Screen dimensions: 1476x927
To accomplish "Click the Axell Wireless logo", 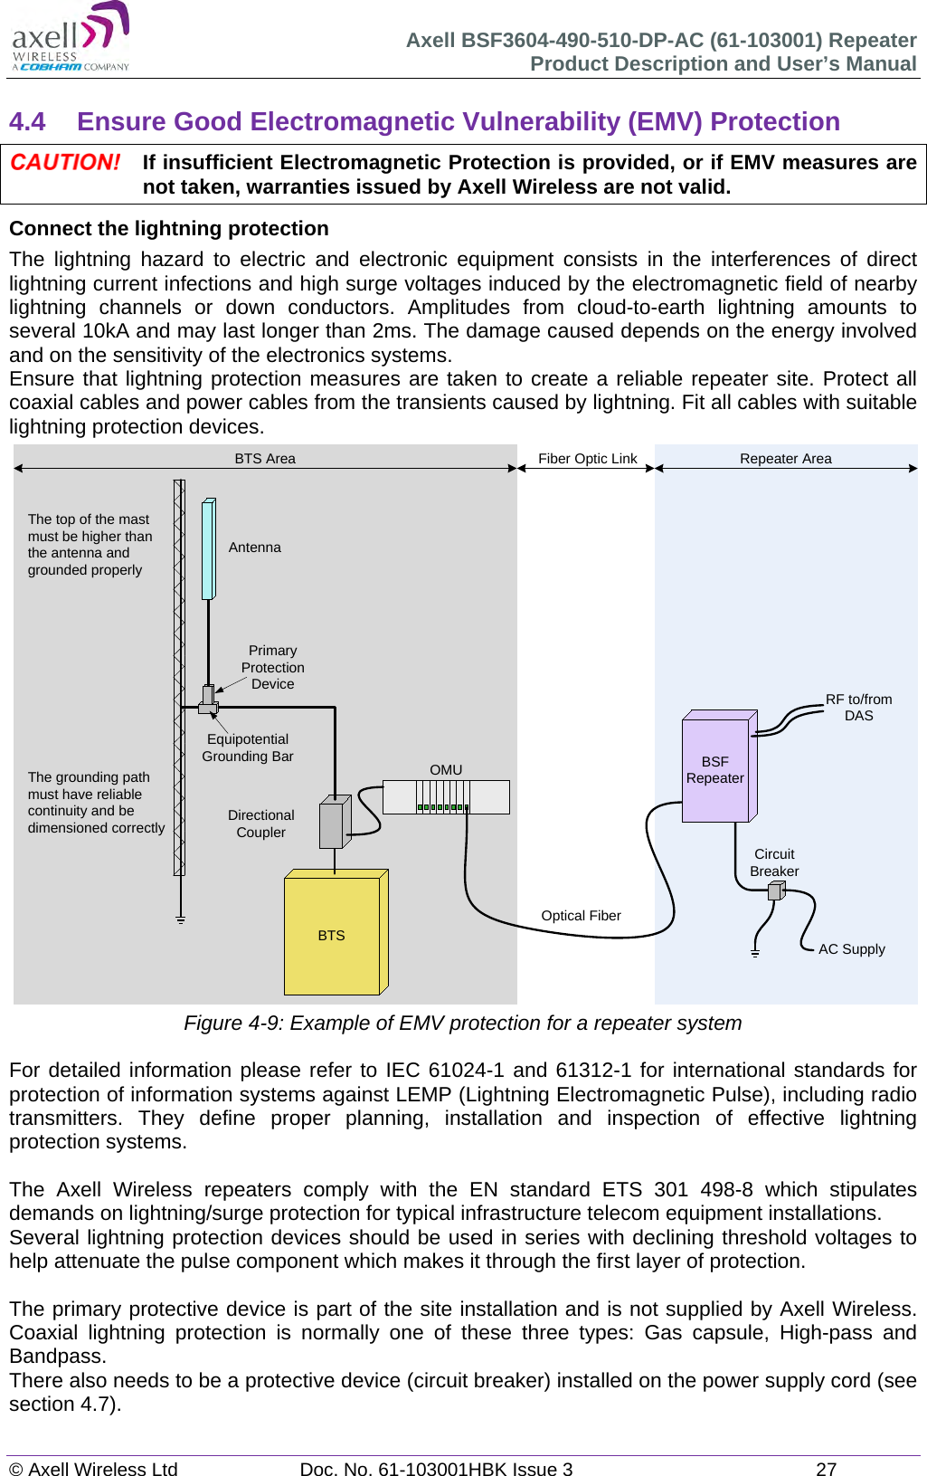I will point(71,38).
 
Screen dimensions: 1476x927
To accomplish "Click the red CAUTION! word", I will point(65,163).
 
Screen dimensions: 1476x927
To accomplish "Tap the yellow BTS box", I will point(332,935).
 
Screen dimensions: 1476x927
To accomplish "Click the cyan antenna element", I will point(208,549).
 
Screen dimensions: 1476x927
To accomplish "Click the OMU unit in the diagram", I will point(445,797).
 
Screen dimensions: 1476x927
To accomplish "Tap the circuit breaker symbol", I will point(775,891).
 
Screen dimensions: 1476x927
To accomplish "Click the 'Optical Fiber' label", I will point(581,916).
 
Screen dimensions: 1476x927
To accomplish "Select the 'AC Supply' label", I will point(851,949).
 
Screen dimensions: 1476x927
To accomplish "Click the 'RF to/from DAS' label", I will point(858,708).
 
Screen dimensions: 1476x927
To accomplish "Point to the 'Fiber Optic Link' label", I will point(587,459).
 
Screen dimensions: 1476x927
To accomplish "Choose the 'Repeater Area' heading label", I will point(785,459).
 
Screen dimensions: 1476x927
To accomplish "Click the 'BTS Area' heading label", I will point(265,459).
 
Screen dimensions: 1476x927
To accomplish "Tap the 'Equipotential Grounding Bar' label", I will point(248,748).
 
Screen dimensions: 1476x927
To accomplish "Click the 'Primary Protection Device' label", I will point(272,668).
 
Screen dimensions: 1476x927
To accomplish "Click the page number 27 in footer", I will point(826,1469).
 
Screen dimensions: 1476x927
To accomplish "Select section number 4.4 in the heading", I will point(27,122).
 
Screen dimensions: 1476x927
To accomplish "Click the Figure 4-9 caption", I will point(462,1024).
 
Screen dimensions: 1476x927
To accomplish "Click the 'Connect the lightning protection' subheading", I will point(169,229).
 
